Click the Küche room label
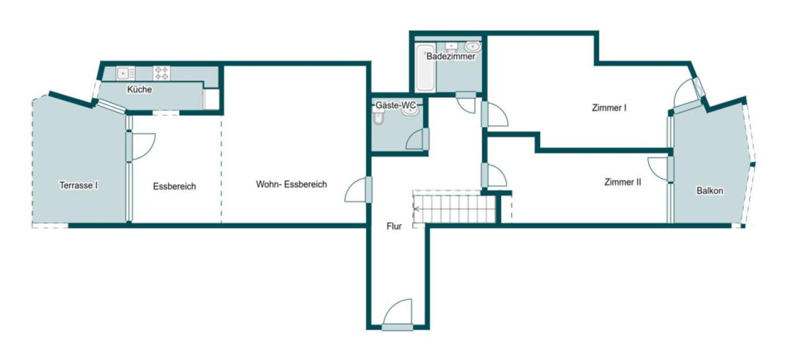click(x=139, y=89)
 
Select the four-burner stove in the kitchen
click(x=162, y=73)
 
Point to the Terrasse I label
click(x=78, y=186)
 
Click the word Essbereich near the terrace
click(x=174, y=187)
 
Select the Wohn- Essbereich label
click(x=291, y=184)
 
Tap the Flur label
click(x=394, y=226)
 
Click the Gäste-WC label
click(x=395, y=105)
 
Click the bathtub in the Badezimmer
click(x=425, y=67)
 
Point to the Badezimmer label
click(x=451, y=56)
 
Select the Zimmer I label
click(x=609, y=108)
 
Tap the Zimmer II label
click(x=622, y=182)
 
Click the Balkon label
click(x=710, y=191)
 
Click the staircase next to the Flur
click(x=454, y=209)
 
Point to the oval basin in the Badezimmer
click(x=472, y=46)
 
